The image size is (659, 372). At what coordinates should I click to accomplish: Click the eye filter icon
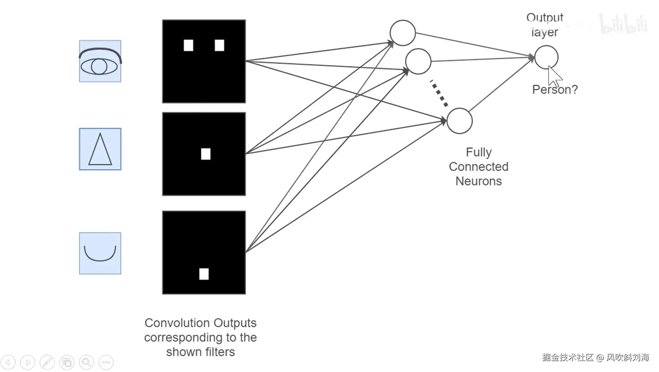point(100,61)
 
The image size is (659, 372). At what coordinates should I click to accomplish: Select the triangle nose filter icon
point(100,149)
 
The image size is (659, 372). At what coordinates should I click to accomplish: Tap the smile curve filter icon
point(100,253)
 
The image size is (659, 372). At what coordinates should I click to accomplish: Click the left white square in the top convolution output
point(188,45)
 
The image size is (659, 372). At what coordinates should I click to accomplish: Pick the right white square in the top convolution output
point(219,45)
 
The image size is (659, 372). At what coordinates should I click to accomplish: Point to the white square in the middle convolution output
point(206,154)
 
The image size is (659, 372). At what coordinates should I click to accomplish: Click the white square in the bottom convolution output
point(204,274)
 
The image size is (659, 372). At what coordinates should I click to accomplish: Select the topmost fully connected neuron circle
point(402,33)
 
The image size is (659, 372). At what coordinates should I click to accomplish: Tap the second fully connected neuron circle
point(418,61)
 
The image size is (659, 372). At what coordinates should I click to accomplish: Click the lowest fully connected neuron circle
point(459,121)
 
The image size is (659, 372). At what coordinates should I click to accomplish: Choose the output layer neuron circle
point(546,57)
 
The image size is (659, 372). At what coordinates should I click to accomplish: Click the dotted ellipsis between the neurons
point(439,93)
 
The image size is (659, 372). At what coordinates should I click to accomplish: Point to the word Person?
point(555,90)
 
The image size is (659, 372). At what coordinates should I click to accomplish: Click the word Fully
point(479,152)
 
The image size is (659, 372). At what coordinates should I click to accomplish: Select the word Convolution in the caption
point(177,323)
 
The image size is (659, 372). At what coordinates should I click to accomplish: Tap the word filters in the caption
point(217,352)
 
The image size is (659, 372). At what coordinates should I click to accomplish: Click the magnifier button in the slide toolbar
point(86,362)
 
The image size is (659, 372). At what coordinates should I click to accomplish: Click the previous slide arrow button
point(8,362)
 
